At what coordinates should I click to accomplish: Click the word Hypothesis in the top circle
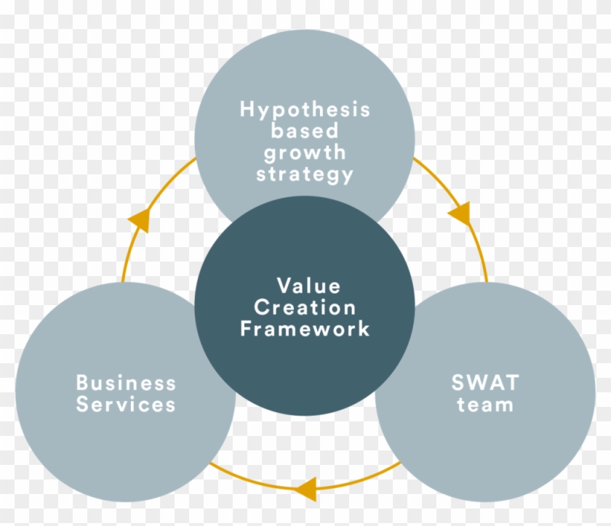pyautogui.click(x=305, y=110)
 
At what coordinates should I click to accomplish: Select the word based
pyautogui.click(x=305, y=131)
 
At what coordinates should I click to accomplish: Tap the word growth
pyautogui.click(x=305, y=153)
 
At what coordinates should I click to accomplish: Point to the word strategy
pyautogui.click(x=305, y=175)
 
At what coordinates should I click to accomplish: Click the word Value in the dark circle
pyautogui.click(x=308, y=286)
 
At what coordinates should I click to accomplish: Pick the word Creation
pyautogui.click(x=305, y=307)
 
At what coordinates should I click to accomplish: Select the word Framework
pyautogui.click(x=305, y=328)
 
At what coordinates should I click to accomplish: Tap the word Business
pyautogui.click(x=126, y=383)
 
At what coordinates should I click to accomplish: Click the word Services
pyautogui.click(x=126, y=405)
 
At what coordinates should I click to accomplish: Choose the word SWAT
pyautogui.click(x=486, y=383)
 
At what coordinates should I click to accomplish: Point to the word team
pyautogui.click(x=486, y=405)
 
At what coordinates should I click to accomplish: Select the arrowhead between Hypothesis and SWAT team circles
pyautogui.click(x=460, y=214)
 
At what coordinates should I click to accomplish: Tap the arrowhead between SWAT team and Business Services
pyautogui.click(x=308, y=487)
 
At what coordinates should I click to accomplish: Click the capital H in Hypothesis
pyautogui.click(x=248, y=110)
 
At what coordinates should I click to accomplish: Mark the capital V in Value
pyautogui.click(x=283, y=286)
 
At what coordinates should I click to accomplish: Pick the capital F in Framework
pyautogui.click(x=247, y=328)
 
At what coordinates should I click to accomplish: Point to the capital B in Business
pyautogui.click(x=82, y=383)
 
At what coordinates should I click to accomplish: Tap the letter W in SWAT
pyautogui.click(x=475, y=383)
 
